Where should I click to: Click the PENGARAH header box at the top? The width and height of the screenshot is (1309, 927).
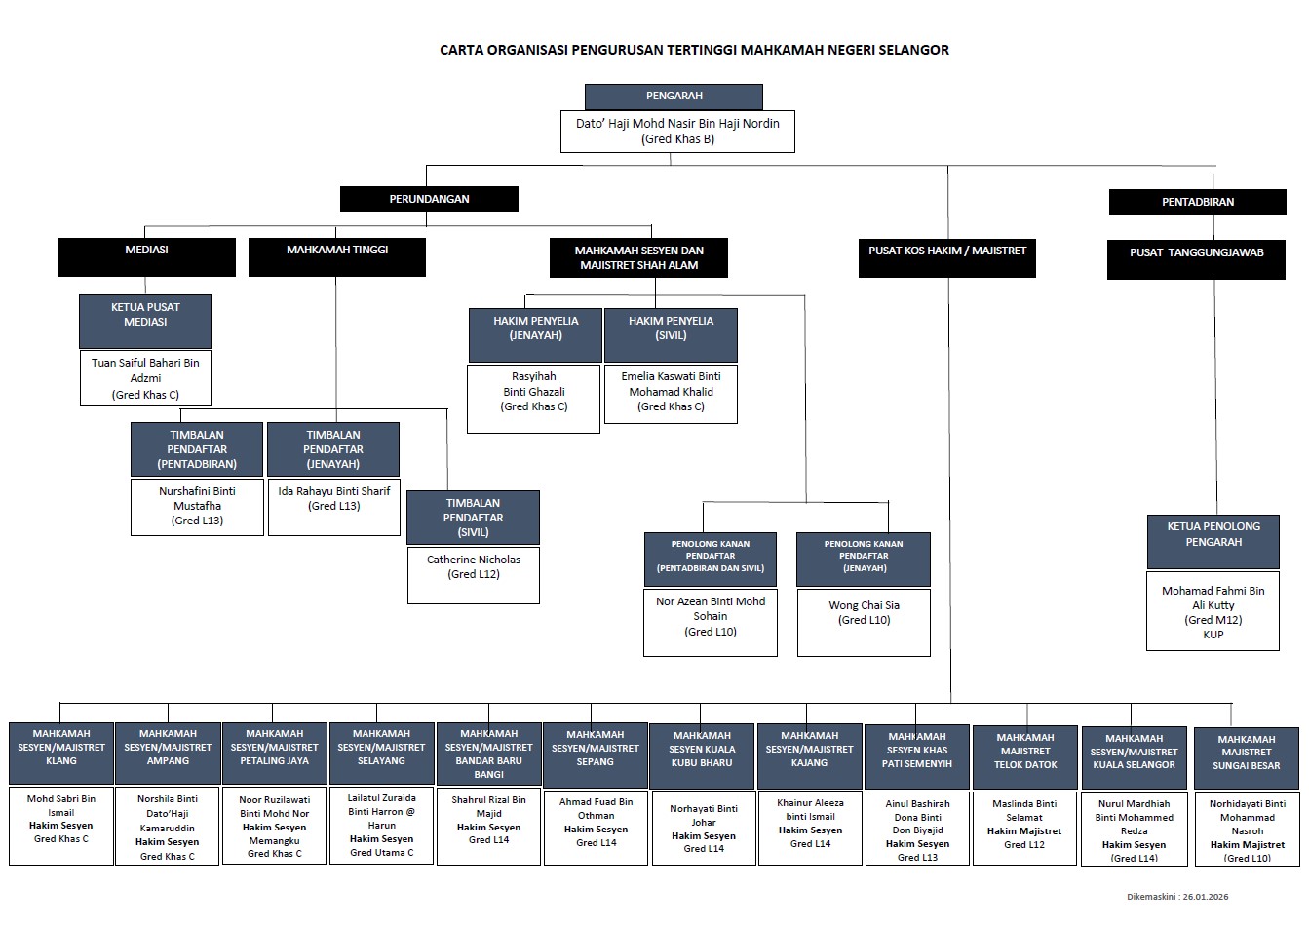pos(674,97)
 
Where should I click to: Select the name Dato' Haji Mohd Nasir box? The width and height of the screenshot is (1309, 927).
pos(677,132)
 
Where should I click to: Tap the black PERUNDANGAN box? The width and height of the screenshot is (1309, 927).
pos(429,199)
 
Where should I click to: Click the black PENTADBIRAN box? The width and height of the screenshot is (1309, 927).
pos(1197,202)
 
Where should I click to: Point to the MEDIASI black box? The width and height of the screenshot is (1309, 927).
pos(146,256)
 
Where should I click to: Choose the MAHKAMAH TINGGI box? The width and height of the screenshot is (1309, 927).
pos(337,256)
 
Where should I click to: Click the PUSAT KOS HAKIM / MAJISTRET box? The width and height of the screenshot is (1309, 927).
pos(946,257)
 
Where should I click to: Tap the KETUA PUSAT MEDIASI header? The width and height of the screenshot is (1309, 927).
pos(145,320)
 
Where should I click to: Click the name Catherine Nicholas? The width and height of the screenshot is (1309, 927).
pos(474,560)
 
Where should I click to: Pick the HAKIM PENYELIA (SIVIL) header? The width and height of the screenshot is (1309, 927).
pos(671,334)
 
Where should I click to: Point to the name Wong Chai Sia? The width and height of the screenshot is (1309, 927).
pos(864,605)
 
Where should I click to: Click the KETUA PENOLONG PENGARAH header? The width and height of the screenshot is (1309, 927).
pos(1213,541)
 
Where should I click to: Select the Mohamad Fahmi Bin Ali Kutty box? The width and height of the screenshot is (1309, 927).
pos(1213,611)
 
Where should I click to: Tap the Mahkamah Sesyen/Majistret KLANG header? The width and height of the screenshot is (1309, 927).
pos(61,753)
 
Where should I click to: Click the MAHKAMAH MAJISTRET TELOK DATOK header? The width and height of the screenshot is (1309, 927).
pos(1025,755)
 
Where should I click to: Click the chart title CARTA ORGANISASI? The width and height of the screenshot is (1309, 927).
pos(694,50)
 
